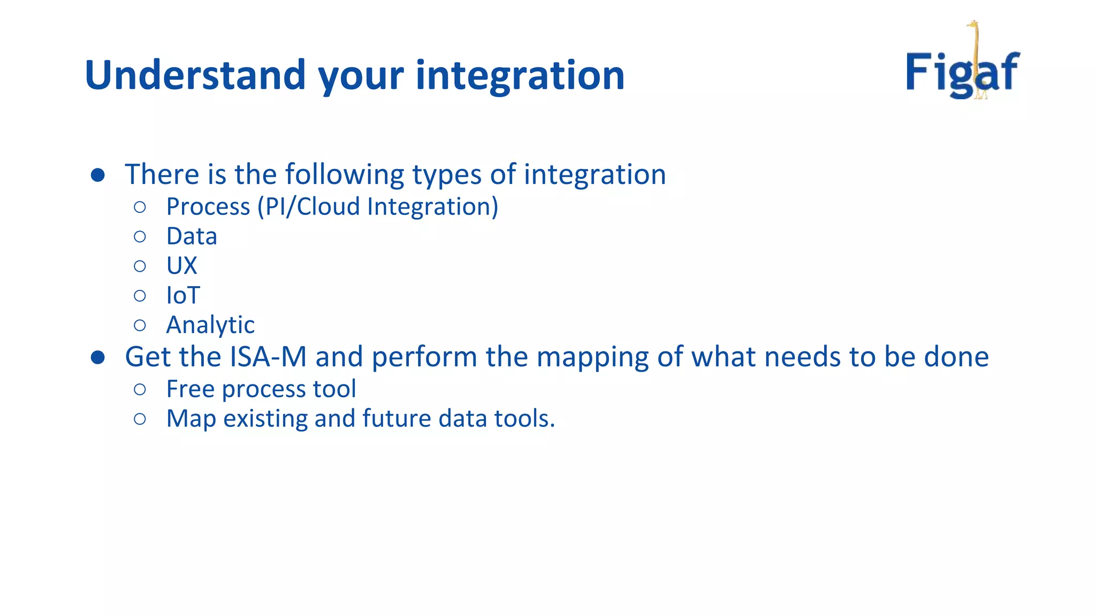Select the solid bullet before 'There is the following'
coord(98,175)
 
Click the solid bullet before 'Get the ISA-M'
coord(98,357)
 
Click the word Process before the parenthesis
coord(208,207)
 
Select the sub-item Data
coord(192,236)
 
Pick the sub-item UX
coord(181,266)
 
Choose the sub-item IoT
coord(183,295)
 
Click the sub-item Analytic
coord(210,325)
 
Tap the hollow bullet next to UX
coord(140,266)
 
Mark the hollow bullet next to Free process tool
coord(140,389)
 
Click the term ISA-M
coord(269,357)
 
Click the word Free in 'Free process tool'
coord(190,389)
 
